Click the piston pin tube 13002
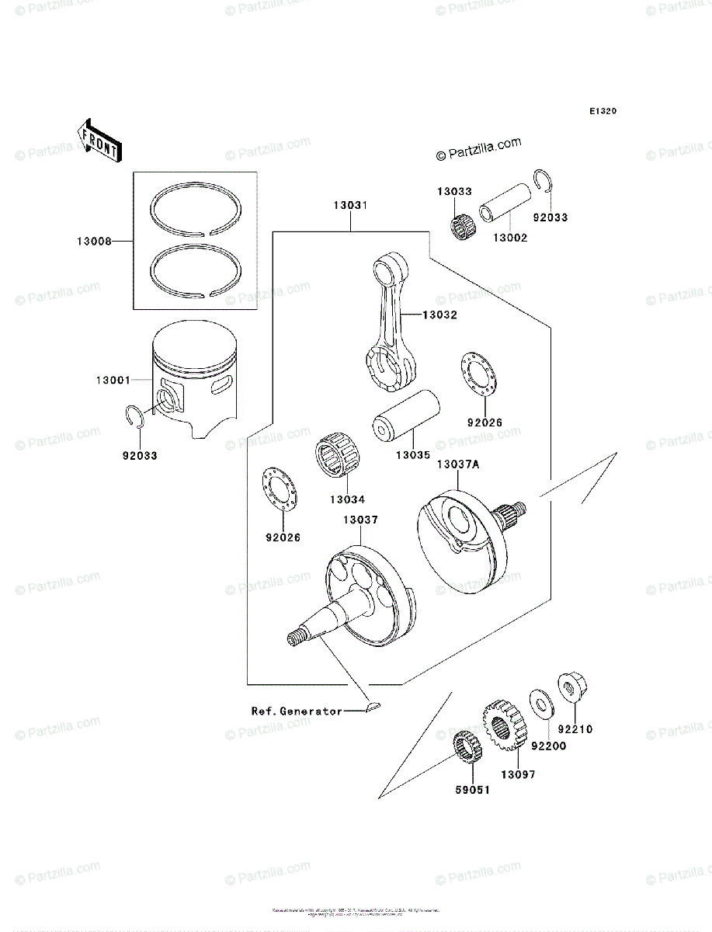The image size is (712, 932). (506, 208)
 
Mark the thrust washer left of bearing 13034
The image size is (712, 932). (278, 489)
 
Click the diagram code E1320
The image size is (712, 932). (602, 112)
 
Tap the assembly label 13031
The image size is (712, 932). (350, 207)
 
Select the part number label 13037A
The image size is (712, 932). (457, 464)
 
